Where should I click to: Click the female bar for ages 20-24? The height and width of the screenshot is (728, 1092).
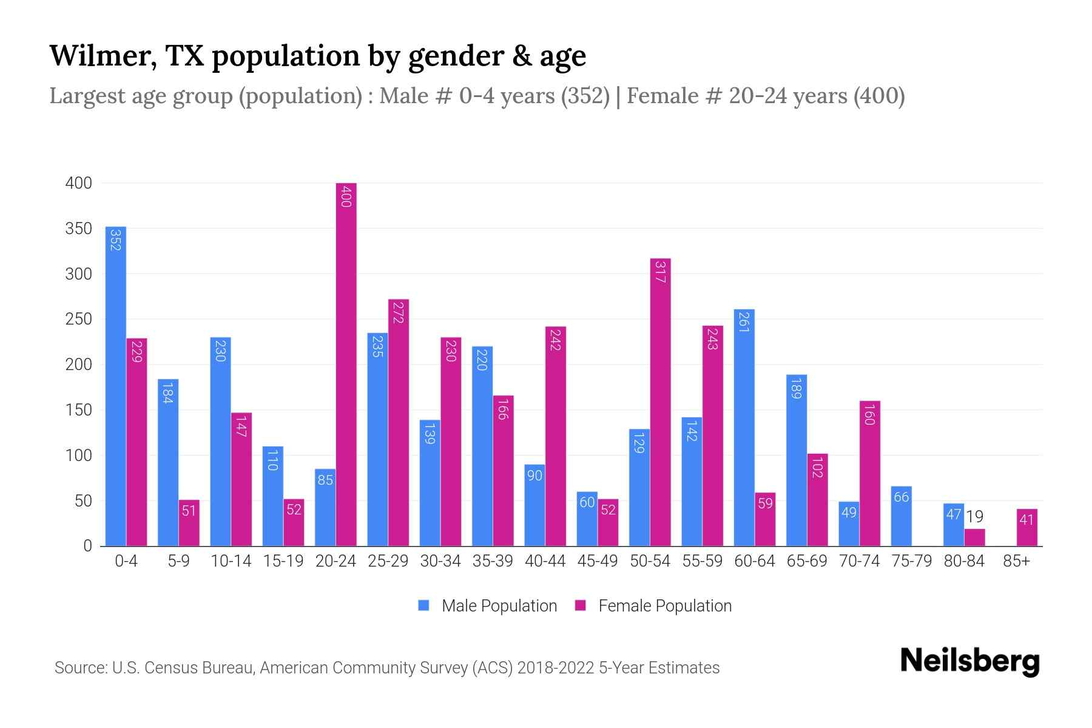click(x=346, y=364)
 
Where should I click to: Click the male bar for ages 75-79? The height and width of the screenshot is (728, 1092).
click(x=901, y=516)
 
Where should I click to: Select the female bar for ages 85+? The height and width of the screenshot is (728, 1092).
click(x=1026, y=528)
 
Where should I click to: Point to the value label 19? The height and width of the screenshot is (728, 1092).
click(x=974, y=517)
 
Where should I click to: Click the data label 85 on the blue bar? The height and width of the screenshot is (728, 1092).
click(x=325, y=480)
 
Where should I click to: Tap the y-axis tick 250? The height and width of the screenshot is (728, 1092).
click(x=78, y=319)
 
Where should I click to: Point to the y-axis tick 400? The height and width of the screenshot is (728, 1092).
click(x=78, y=183)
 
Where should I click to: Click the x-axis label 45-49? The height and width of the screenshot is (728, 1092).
click(x=597, y=561)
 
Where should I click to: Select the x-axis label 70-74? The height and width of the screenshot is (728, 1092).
click(x=859, y=561)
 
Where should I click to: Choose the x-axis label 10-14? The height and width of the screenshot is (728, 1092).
click(x=231, y=561)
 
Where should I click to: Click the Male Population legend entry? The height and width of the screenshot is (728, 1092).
click(x=499, y=606)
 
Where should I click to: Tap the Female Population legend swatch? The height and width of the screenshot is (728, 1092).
click(x=581, y=605)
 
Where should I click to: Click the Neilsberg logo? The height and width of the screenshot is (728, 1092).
click(x=969, y=661)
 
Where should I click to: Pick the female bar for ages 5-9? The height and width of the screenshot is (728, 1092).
click(x=189, y=523)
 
